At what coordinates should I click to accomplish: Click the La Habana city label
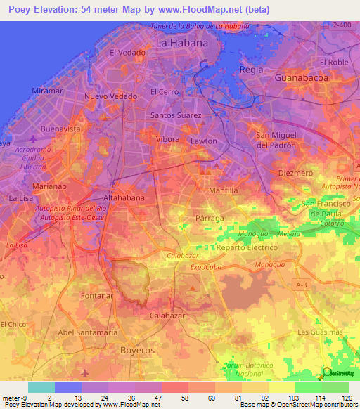pos(182,43)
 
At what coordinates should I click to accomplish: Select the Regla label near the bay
pos(252,70)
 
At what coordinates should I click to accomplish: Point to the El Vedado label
pos(128,53)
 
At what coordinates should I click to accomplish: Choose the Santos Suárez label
pos(176,115)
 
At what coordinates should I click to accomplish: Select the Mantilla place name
pos(224,190)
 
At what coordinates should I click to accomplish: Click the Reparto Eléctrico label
pos(247,248)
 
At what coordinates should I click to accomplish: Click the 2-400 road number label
pos(342,25)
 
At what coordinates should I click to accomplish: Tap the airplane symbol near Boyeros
pos(86,372)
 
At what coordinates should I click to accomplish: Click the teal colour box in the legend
pos(41,387)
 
